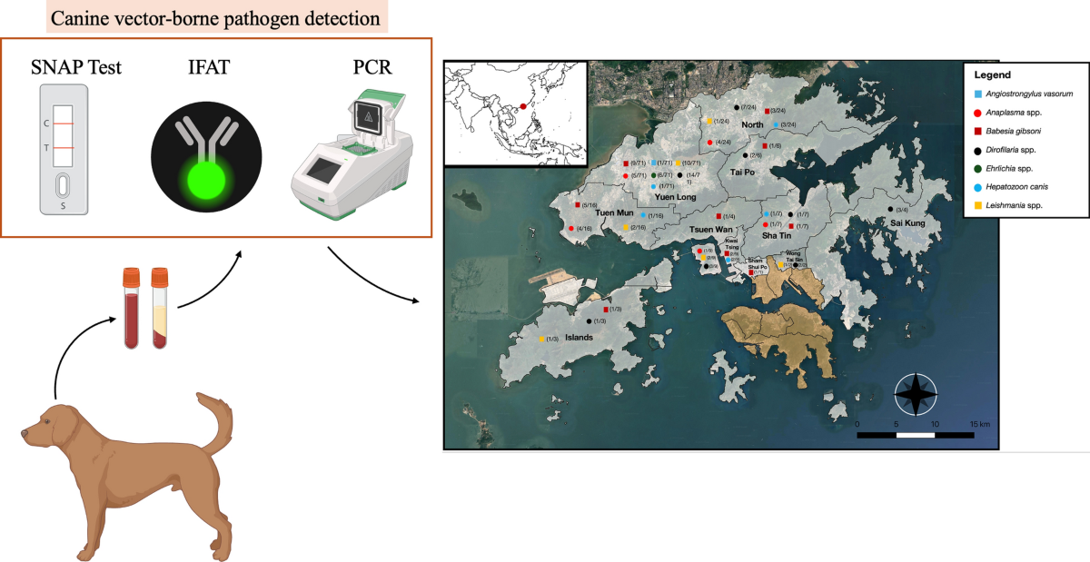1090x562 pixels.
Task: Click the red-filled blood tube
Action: tap(133, 310)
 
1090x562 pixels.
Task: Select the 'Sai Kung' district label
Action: tap(907, 222)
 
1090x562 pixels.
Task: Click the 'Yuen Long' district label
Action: tap(675, 196)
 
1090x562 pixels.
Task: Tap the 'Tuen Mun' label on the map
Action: tap(613, 213)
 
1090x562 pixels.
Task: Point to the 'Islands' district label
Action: tap(580, 337)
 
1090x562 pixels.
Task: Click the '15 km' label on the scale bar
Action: tap(978, 424)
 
